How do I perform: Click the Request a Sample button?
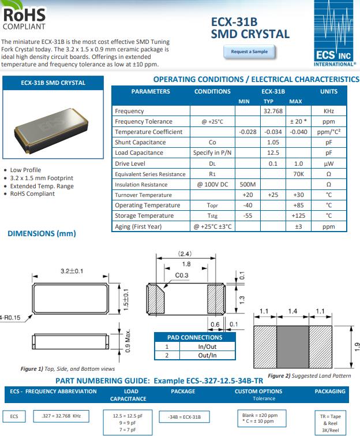click(x=249, y=52)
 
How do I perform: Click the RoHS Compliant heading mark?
click(x=24, y=17)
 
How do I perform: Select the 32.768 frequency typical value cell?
click(x=273, y=111)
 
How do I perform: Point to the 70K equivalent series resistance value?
click(x=298, y=174)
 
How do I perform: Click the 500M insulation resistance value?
click(x=247, y=184)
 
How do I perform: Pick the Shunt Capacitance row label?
click(x=132, y=142)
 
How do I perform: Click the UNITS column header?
click(x=329, y=91)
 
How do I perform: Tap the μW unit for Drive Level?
click(x=329, y=163)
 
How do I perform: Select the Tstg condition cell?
click(x=212, y=215)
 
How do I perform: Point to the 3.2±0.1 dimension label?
click(x=72, y=270)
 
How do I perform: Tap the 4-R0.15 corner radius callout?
click(x=10, y=317)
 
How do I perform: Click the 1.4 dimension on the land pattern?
click(x=293, y=311)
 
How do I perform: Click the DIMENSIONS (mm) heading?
click(x=42, y=233)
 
